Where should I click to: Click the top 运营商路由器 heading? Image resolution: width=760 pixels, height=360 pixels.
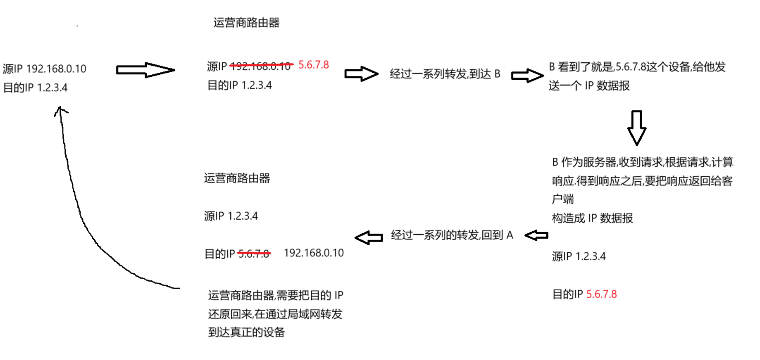[246, 23]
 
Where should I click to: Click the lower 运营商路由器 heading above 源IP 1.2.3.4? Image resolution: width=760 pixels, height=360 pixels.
[237, 178]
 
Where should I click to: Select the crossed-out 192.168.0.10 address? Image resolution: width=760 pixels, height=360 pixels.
[261, 65]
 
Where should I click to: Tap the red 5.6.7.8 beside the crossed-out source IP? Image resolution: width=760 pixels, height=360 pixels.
[313, 64]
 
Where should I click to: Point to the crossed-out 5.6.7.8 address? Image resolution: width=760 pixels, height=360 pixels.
[254, 253]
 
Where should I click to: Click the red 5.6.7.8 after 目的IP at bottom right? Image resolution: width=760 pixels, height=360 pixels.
[601, 294]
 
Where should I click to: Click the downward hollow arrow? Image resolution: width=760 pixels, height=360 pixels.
[637, 128]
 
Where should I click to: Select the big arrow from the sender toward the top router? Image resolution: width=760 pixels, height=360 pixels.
[145, 70]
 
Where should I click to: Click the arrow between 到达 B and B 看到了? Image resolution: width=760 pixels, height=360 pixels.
[527, 75]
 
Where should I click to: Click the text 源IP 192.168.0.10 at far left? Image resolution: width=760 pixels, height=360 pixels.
[44, 69]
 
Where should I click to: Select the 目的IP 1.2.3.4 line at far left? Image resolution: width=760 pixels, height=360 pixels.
[35, 88]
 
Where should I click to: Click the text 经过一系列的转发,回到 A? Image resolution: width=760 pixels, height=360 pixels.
[452, 235]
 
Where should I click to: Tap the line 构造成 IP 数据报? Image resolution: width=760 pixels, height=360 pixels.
[592, 218]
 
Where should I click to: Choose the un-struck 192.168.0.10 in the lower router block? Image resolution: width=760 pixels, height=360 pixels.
[314, 253]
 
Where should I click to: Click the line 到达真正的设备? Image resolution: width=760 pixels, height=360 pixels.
[246, 332]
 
